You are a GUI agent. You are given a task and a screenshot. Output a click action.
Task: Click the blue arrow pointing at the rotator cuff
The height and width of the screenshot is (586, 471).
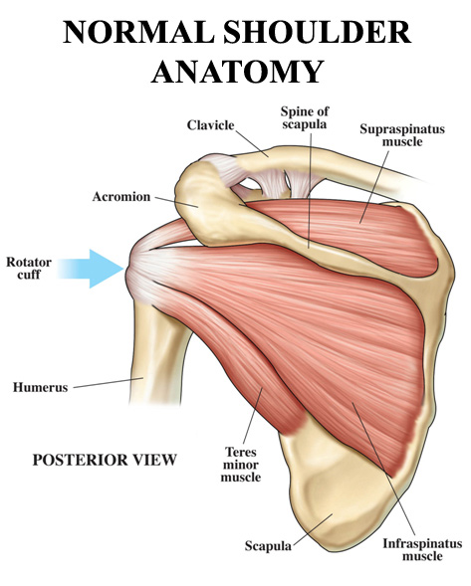pos(92,269)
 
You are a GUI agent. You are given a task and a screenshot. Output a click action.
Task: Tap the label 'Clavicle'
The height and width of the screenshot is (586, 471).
pos(211,125)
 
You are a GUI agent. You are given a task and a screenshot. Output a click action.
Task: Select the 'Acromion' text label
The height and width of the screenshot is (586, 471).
pos(121,197)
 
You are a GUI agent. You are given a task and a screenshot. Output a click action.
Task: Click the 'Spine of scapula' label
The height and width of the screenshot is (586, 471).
pos(305,117)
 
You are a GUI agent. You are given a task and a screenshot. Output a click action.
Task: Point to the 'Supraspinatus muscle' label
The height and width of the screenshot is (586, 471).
pos(402,135)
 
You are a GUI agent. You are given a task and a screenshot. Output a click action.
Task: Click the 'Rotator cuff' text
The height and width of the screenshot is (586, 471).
pos(29,268)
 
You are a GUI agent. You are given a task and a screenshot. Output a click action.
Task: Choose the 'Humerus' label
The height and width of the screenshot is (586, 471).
pos(41,387)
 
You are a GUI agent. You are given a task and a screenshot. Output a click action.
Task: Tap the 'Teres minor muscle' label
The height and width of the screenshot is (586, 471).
pos(241,465)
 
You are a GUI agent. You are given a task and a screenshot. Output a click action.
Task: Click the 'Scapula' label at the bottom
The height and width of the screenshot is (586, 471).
pos(268,546)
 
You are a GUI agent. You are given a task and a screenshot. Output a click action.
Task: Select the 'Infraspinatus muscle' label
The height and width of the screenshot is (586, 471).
pos(422,549)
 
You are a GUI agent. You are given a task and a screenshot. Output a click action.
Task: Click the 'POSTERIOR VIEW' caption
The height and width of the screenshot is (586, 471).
pos(105,460)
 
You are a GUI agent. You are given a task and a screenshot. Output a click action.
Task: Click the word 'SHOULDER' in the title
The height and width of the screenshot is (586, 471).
pos(318,32)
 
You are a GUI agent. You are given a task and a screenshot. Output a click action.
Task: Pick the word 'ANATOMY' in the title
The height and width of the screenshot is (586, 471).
pos(238,71)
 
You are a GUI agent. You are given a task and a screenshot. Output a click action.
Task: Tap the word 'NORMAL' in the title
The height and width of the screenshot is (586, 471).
pos(138,32)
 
